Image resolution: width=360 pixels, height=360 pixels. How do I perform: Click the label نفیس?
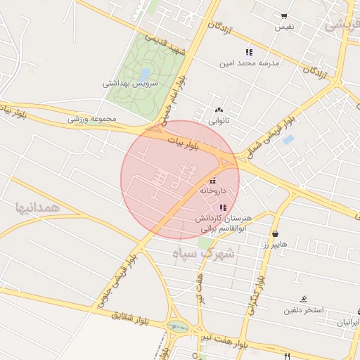click(284, 27)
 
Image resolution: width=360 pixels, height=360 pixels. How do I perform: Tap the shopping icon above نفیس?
click(284, 16)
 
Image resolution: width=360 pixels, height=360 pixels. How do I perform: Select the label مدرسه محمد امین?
click(249, 63)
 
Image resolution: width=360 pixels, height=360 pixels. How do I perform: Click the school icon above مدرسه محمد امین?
click(248, 53)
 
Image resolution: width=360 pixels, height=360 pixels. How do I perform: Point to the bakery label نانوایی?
click(218, 120)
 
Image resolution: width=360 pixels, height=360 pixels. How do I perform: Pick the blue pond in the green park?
click(144, 72)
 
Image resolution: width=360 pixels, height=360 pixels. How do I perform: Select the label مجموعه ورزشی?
click(91, 119)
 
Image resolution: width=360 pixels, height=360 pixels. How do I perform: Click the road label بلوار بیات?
click(192, 146)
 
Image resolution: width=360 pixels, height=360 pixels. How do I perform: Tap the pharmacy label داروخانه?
click(212, 190)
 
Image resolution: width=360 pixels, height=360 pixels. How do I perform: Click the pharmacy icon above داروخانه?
click(212, 180)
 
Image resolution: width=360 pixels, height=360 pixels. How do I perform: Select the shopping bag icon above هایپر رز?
click(274, 233)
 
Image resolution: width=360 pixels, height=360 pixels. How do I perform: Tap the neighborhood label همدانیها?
click(34, 207)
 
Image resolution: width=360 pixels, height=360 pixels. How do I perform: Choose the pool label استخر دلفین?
click(303, 310)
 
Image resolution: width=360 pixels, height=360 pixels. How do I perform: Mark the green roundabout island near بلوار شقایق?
click(179, 327)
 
